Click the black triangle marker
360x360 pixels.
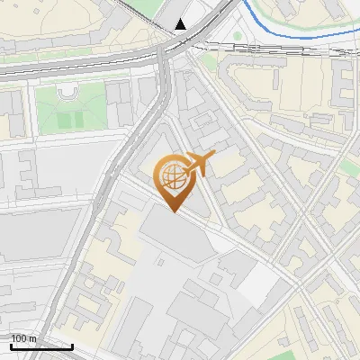pyautogui.click(x=181, y=24)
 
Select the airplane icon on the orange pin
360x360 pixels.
pyautogui.click(x=201, y=164)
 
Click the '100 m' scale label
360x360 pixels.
pyautogui.click(x=23, y=338)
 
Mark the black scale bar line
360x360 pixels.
pyautogui.click(x=41, y=346)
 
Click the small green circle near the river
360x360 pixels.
pyautogui.click(x=238, y=37)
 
